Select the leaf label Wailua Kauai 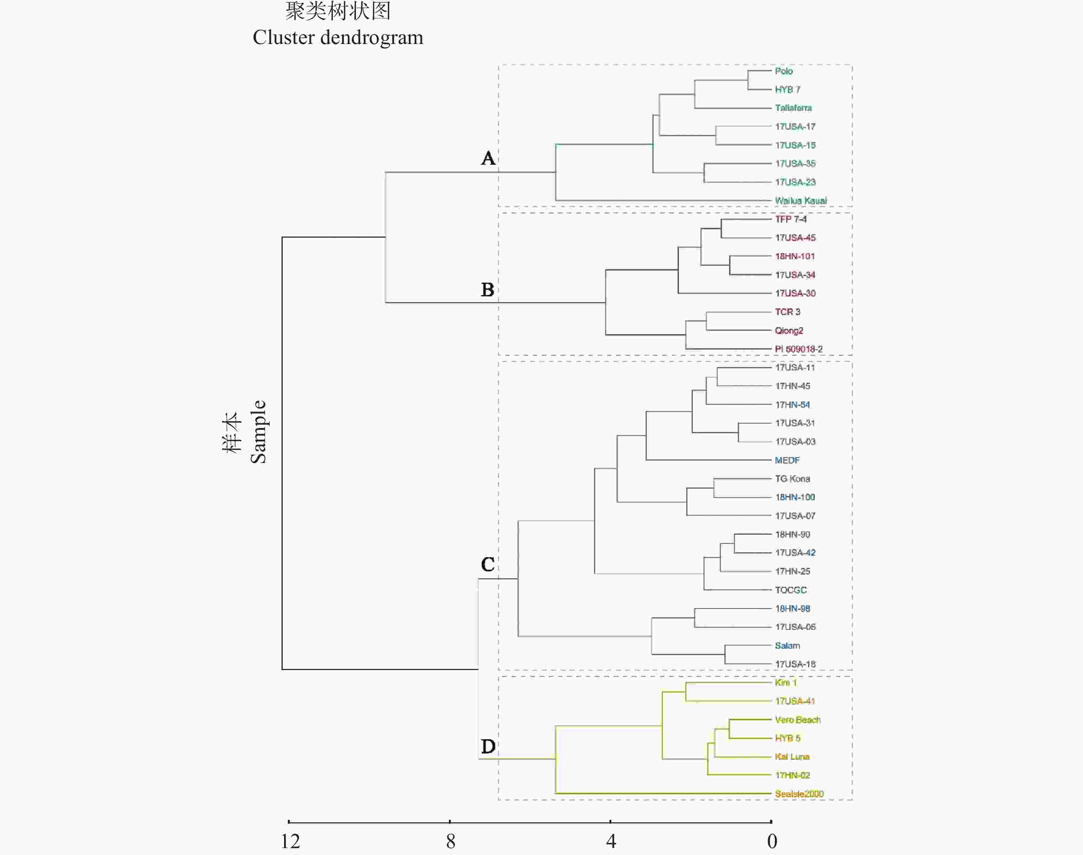point(801,201)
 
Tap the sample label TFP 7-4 point(791,219)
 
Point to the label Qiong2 point(789,330)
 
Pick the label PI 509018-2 point(799,349)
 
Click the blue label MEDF point(787,460)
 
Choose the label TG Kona point(792,479)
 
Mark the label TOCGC point(791,590)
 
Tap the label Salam point(787,645)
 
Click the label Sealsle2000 point(799,793)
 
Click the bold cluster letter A point(488,158)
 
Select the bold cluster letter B point(488,290)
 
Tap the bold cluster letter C point(488,564)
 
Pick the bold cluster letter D point(488,746)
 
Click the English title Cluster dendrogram point(338,37)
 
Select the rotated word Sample point(258,432)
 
